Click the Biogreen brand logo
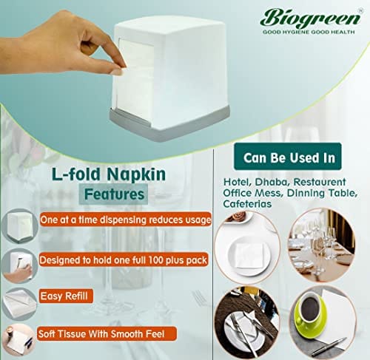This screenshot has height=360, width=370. click(311, 18)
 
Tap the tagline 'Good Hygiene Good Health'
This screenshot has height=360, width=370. click(309, 32)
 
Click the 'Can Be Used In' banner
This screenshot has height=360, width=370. click(288, 157)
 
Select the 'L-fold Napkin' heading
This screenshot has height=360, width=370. click(109, 174)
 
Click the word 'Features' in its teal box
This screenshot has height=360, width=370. click(114, 194)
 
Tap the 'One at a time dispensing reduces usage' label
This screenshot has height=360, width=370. click(126, 220)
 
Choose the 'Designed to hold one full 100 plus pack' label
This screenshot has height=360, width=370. click(124, 260)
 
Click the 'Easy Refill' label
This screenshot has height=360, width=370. click(65, 296)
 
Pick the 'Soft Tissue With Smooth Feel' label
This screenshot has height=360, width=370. click(107, 334)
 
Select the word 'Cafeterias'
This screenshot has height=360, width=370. click(247, 204)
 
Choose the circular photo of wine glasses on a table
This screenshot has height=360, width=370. click(323, 245)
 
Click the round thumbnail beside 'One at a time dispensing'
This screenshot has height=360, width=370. click(20, 226)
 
